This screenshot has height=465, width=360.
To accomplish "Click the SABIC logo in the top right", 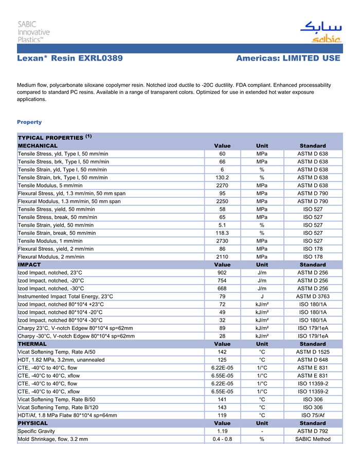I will pyautogui.click(x=320, y=31).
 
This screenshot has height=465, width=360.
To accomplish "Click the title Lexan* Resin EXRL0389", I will pyautogui.click(x=70, y=59).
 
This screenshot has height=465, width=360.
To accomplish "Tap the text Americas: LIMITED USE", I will pyautogui.click(x=288, y=59).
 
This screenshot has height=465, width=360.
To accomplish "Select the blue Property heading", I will pyautogui.click(x=29, y=122).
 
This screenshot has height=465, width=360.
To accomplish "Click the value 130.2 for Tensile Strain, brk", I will pyautogui.click(x=222, y=177).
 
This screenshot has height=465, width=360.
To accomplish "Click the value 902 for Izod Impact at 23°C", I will pyautogui.click(x=222, y=273).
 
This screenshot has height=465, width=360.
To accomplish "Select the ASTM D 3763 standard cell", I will pyautogui.click(x=313, y=296).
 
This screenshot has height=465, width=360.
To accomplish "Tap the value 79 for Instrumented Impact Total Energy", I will pyautogui.click(x=222, y=296).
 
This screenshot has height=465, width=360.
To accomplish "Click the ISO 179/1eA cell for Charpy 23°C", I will pyautogui.click(x=313, y=328).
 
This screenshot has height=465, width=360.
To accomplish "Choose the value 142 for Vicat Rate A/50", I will pyautogui.click(x=222, y=352).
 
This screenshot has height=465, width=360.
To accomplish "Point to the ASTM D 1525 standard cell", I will pyautogui.click(x=313, y=352).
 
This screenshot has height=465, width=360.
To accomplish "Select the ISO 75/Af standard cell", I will pyautogui.click(x=313, y=415).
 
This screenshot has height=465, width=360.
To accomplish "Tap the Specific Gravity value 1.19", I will pyautogui.click(x=222, y=431).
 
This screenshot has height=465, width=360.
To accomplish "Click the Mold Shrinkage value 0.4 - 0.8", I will pyautogui.click(x=222, y=439).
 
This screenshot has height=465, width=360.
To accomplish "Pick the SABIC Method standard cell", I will pyautogui.click(x=313, y=439).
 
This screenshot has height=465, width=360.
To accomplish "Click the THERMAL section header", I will pyautogui.click(x=32, y=344).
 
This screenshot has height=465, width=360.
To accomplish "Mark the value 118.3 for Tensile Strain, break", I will pyautogui.click(x=222, y=233).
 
